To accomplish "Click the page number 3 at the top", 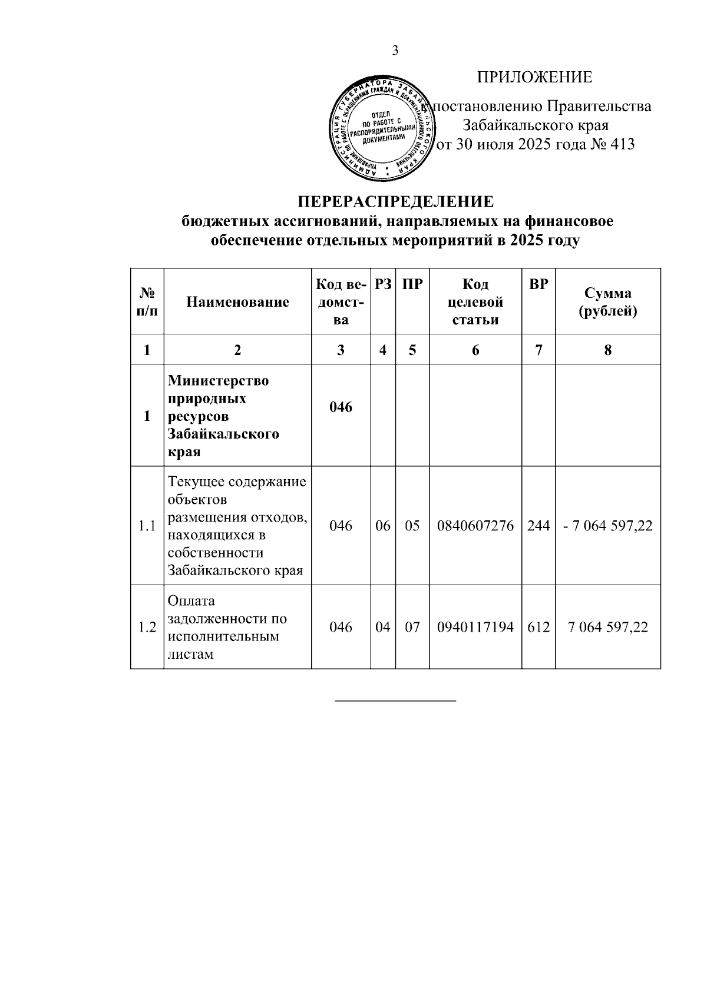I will (x=395, y=51).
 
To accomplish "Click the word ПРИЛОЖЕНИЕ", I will (x=534, y=77).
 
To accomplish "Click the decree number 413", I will (x=623, y=144).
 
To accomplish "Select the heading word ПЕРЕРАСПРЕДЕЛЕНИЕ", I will (x=395, y=202).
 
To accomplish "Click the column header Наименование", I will (x=237, y=302).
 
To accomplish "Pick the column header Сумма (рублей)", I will (x=607, y=302).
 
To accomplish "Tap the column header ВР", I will (x=538, y=284).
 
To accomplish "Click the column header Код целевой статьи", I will (x=475, y=302).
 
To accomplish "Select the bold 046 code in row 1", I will (x=341, y=407).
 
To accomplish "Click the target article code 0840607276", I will (x=475, y=526).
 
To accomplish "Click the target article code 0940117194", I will (x=475, y=627).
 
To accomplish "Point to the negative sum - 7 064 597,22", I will (x=607, y=526).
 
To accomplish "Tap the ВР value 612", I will (x=538, y=627).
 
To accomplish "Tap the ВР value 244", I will (x=538, y=526).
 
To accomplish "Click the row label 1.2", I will (x=147, y=627).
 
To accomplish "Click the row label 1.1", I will (x=147, y=526).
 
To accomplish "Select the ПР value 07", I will (x=412, y=627).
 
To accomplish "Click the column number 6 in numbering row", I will (x=475, y=350).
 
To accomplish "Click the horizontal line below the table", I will (x=395, y=701).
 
